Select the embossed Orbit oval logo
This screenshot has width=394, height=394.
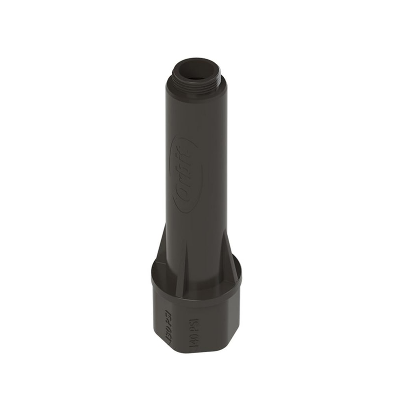[x=183, y=174]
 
